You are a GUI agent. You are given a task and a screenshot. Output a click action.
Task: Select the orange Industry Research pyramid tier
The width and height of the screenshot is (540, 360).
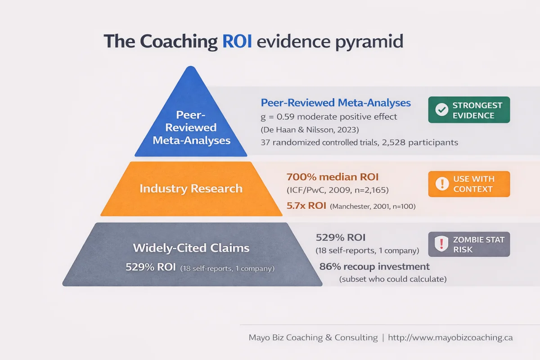(191, 189)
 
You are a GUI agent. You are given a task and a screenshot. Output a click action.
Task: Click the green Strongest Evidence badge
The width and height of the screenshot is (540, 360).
(469, 110)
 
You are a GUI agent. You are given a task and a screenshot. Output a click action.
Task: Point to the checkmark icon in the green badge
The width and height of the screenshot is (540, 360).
(442, 110)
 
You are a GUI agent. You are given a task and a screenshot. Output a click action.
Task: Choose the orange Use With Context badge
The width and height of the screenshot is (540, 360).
(469, 184)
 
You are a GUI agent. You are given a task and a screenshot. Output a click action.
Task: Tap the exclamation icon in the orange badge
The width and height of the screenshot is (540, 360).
(442, 184)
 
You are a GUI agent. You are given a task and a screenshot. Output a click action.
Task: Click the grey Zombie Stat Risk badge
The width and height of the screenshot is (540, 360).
(469, 244)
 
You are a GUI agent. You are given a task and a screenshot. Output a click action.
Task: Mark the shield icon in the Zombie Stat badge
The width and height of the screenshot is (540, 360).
(442, 244)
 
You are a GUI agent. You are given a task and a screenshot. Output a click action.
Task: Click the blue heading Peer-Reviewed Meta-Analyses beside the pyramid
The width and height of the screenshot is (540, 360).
(336, 103)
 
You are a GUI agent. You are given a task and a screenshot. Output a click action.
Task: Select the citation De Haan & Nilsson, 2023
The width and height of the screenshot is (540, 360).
(309, 130)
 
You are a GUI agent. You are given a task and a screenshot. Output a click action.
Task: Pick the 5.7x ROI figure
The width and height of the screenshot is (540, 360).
(306, 206)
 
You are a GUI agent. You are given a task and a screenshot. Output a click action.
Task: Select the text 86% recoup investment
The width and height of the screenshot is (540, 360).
(374, 266)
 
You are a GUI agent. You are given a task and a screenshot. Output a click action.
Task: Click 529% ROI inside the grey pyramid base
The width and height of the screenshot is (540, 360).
(151, 268)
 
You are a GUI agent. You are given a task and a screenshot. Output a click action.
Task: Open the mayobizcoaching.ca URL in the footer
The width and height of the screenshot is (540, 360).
(450, 337)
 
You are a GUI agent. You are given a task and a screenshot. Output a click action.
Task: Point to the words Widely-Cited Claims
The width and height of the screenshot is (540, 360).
(191, 247)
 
